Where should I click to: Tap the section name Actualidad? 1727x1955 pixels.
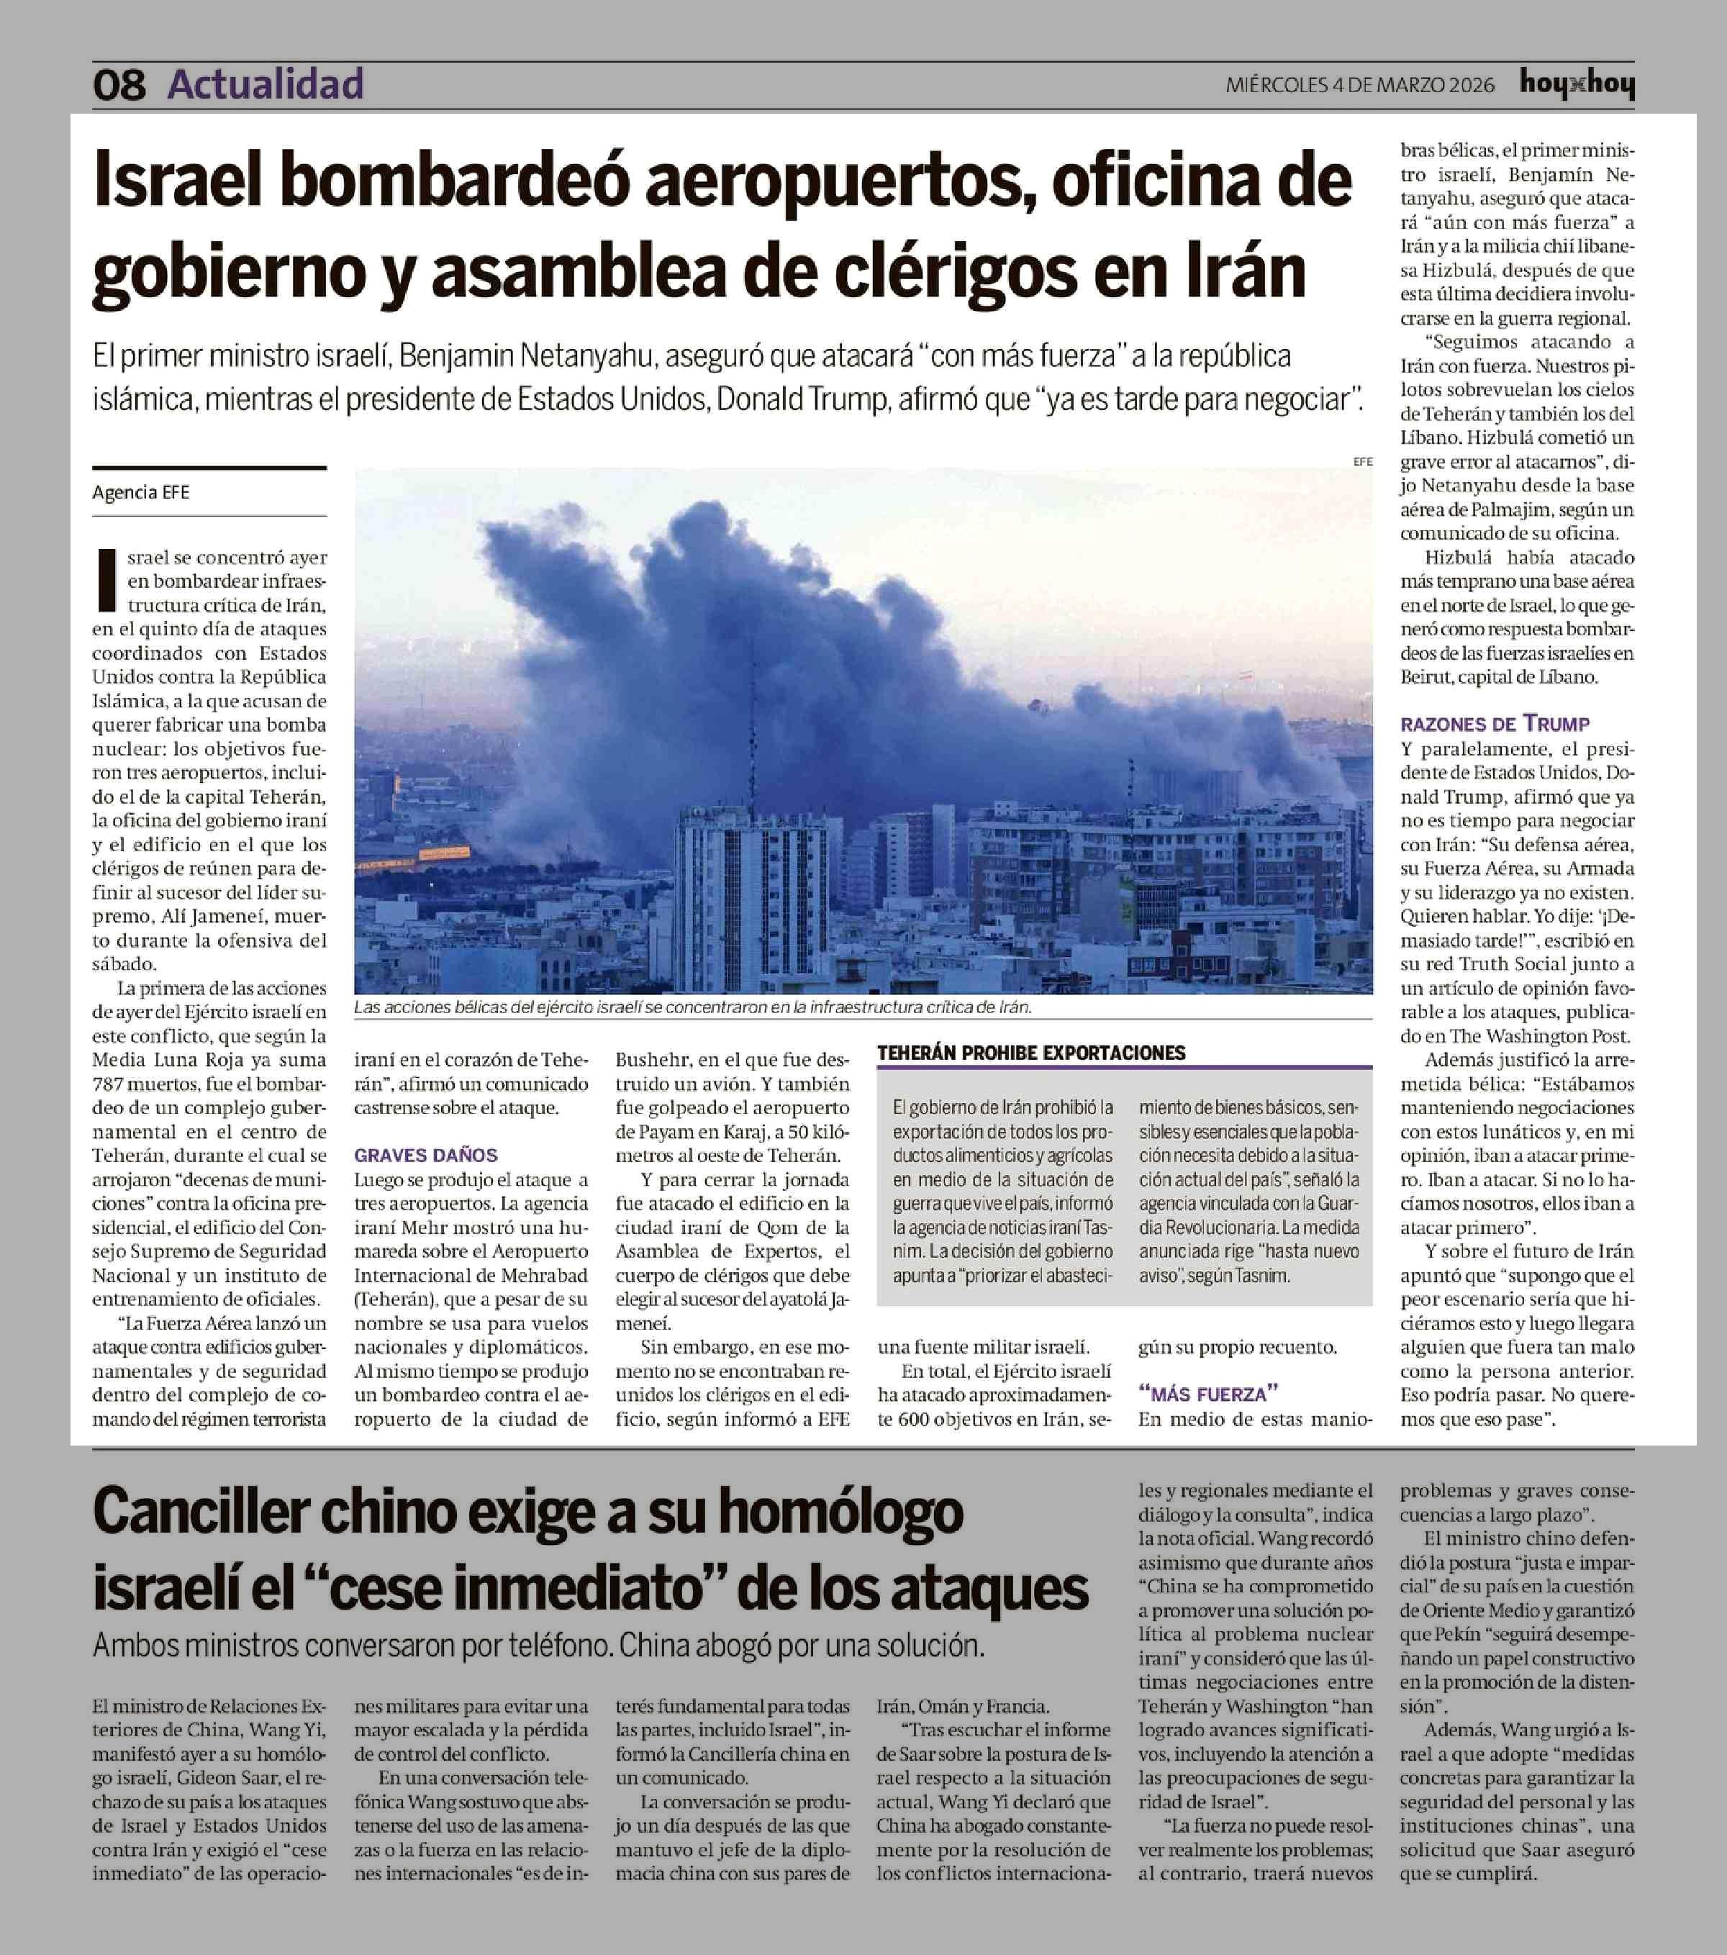[x=266, y=84]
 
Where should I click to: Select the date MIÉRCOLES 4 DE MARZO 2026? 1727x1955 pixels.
[x=1360, y=85]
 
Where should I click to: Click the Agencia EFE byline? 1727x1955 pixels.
[x=140, y=493]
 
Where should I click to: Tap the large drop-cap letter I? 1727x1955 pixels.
[x=108, y=580]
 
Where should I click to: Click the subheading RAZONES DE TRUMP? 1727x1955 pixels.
[x=1495, y=724]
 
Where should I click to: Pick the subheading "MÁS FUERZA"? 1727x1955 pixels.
[x=1207, y=1394]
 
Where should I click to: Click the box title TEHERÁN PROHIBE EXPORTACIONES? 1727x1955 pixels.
[x=1031, y=1053]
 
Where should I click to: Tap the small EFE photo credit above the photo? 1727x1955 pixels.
[x=1361, y=462]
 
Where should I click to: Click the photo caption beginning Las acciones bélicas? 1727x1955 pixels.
[x=692, y=1008]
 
